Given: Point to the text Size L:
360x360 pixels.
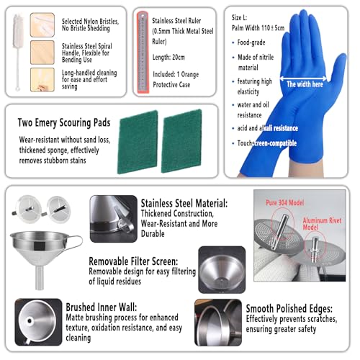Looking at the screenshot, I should coord(242,16).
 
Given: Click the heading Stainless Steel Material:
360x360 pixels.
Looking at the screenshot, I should coord(184,204).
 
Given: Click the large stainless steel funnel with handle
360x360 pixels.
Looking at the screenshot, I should coord(45,248).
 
